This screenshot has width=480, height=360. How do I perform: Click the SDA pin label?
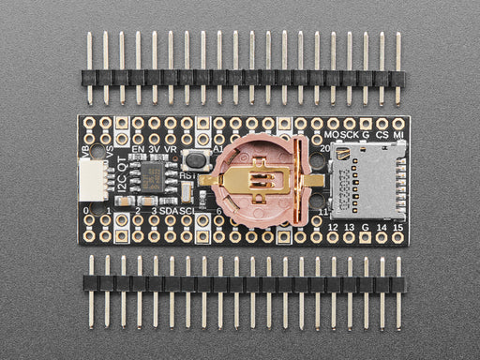coord(170,212)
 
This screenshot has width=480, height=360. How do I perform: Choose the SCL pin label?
coord(188,212)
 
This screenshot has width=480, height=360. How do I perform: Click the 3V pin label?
coord(154,148)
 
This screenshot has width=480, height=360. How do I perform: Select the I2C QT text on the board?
coord(122,178)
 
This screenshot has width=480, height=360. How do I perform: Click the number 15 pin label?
coord(397,225)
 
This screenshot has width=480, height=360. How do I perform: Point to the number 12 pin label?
coord(332,225)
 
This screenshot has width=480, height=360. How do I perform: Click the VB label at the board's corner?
coord(87,150)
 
